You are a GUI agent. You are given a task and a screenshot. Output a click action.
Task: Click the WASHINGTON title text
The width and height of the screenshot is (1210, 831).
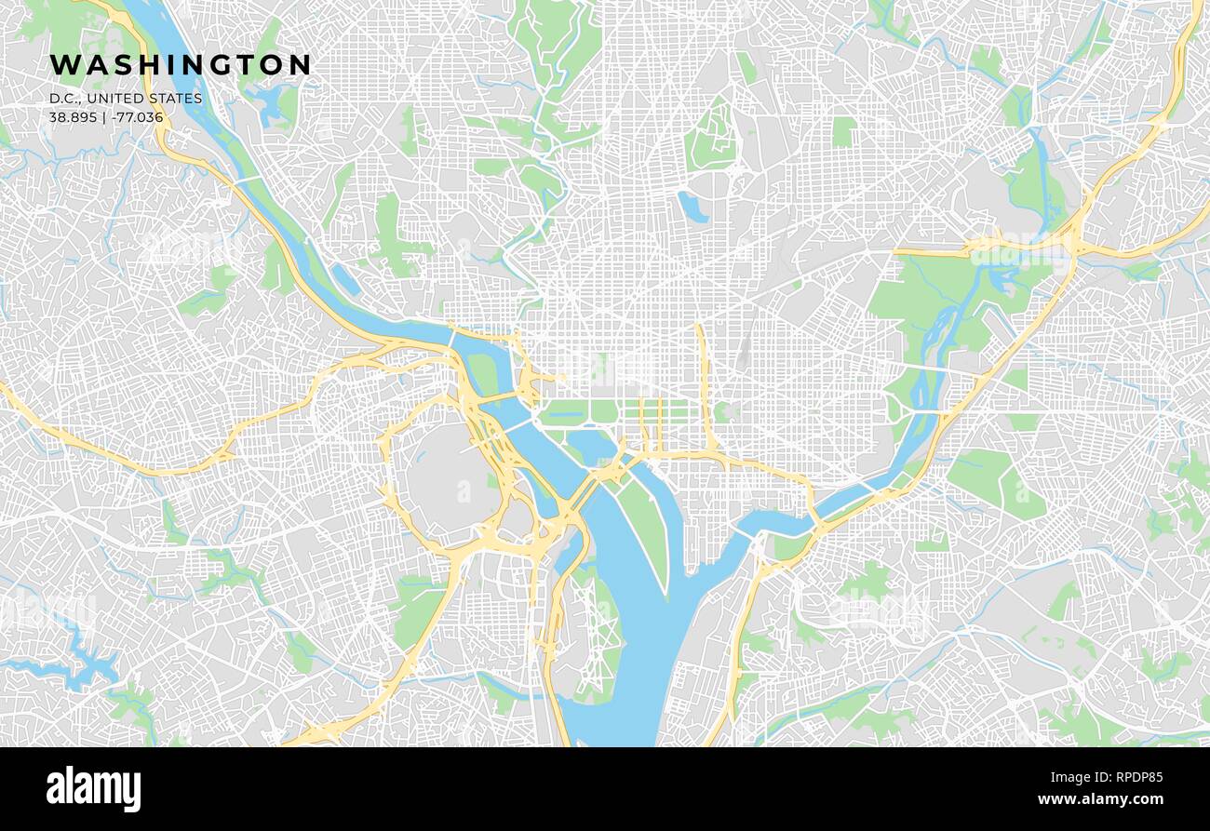click(180, 64)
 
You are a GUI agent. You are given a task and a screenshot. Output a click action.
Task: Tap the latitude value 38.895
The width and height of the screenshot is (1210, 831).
click(72, 117)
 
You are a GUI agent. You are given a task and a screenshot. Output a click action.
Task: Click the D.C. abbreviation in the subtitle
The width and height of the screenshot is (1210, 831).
click(64, 99)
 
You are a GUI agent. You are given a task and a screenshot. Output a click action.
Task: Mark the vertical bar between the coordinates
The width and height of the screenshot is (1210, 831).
click(104, 117)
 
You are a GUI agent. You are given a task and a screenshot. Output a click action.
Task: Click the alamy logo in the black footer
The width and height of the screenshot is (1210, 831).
click(93, 789)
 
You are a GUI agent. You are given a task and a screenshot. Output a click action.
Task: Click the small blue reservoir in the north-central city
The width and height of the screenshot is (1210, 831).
click(691, 207)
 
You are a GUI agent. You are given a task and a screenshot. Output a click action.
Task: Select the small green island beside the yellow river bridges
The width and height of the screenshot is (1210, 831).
click(481, 372)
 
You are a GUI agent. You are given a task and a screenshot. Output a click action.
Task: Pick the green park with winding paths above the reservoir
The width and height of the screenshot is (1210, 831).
click(712, 140)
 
